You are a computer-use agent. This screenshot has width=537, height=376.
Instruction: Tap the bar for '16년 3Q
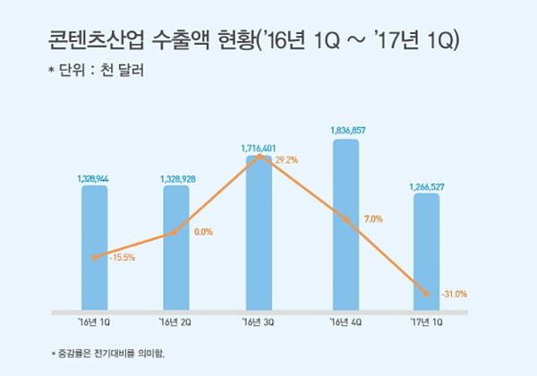click(259, 233)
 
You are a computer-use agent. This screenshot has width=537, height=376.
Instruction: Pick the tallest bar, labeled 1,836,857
click(345, 224)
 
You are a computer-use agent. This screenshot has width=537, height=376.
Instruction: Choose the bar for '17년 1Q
click(426, 252)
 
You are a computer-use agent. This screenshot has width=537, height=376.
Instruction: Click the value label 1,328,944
click(94, 179)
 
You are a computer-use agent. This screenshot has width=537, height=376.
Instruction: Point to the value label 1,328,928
click(176, 179)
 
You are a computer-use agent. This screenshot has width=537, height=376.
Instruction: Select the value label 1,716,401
click(259, 147)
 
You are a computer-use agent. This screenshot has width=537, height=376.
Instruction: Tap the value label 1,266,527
click(426, 187)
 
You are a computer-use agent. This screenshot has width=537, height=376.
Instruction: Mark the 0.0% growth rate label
click(203, 232)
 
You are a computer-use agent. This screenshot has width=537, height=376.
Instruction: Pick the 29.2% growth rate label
click(286, 161)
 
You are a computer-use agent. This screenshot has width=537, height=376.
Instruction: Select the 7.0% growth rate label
click(373, 219)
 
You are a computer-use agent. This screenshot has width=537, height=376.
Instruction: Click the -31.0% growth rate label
click(454, 294)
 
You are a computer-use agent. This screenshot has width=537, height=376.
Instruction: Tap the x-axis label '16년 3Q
click(259, 322)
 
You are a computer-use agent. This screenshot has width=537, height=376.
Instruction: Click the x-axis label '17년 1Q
click(426, 322)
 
